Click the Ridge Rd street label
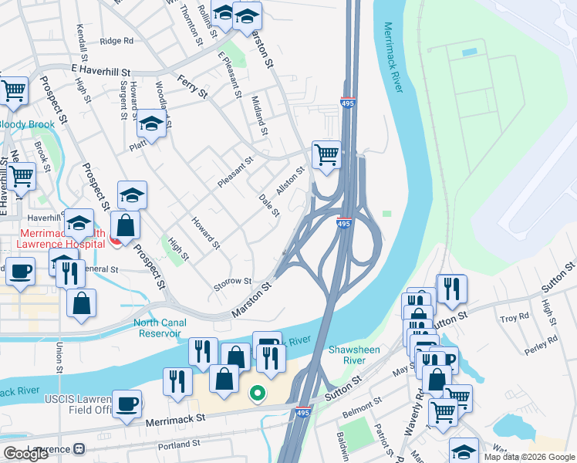tap(116, 41)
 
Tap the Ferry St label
tap(193, 86)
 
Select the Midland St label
tap(259, 115)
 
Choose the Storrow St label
tap(232, 282)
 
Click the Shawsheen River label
tap(352, 355)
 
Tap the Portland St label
tap(179, 444)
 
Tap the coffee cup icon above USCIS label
tap(127, 403)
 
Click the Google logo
tap(25, 454)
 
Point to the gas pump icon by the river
tap(267, 343)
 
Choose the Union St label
tap(59, 360)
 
